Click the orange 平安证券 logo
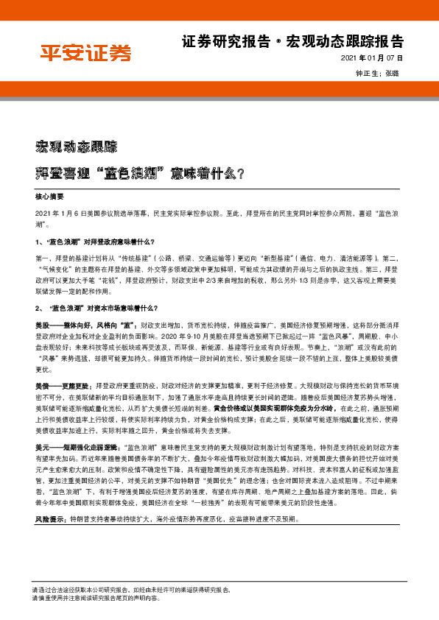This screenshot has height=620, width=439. click(85, 52)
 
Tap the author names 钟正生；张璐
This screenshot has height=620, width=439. click(381, 74)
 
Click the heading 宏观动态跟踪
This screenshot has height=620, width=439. click(76, 145)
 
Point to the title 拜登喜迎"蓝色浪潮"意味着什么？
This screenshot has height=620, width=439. click(141, 174)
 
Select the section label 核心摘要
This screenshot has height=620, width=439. click(50, 197)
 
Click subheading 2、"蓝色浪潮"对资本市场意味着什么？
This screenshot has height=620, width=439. click(96, 307)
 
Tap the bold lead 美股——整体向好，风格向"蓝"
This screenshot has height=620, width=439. click(83, 324)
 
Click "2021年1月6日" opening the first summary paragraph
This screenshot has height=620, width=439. click(60, 212)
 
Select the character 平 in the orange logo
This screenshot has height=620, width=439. click(51, 52)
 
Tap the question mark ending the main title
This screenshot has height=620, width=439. click(241, 174)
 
